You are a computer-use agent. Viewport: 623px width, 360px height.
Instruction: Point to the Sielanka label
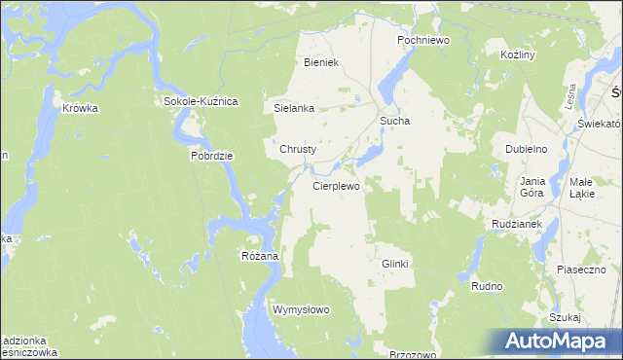[294, 109]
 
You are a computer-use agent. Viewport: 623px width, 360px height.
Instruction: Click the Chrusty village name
[298, 150]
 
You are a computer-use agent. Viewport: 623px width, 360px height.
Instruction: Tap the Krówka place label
[81, 109]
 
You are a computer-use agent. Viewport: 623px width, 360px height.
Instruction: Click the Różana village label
[260, 256]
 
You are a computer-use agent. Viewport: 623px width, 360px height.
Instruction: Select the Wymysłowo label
[302, 309]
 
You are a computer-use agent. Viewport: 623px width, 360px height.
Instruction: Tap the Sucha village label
[394, 122]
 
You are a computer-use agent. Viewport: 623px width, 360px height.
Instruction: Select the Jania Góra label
[531, 187]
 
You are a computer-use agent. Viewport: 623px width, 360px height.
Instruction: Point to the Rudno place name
[486, 287]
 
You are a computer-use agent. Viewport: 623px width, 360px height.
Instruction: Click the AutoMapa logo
[562, 341]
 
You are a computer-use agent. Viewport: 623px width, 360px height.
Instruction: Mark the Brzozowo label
[412, 355]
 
